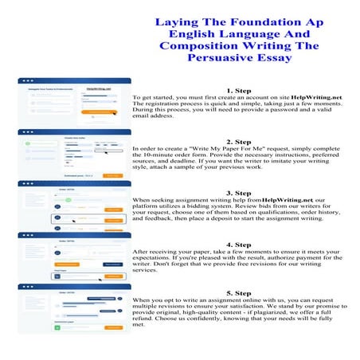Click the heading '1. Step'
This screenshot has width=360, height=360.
(240, 91)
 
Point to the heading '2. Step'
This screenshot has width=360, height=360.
(240, 141)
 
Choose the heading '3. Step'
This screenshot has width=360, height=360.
(240, 193)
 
